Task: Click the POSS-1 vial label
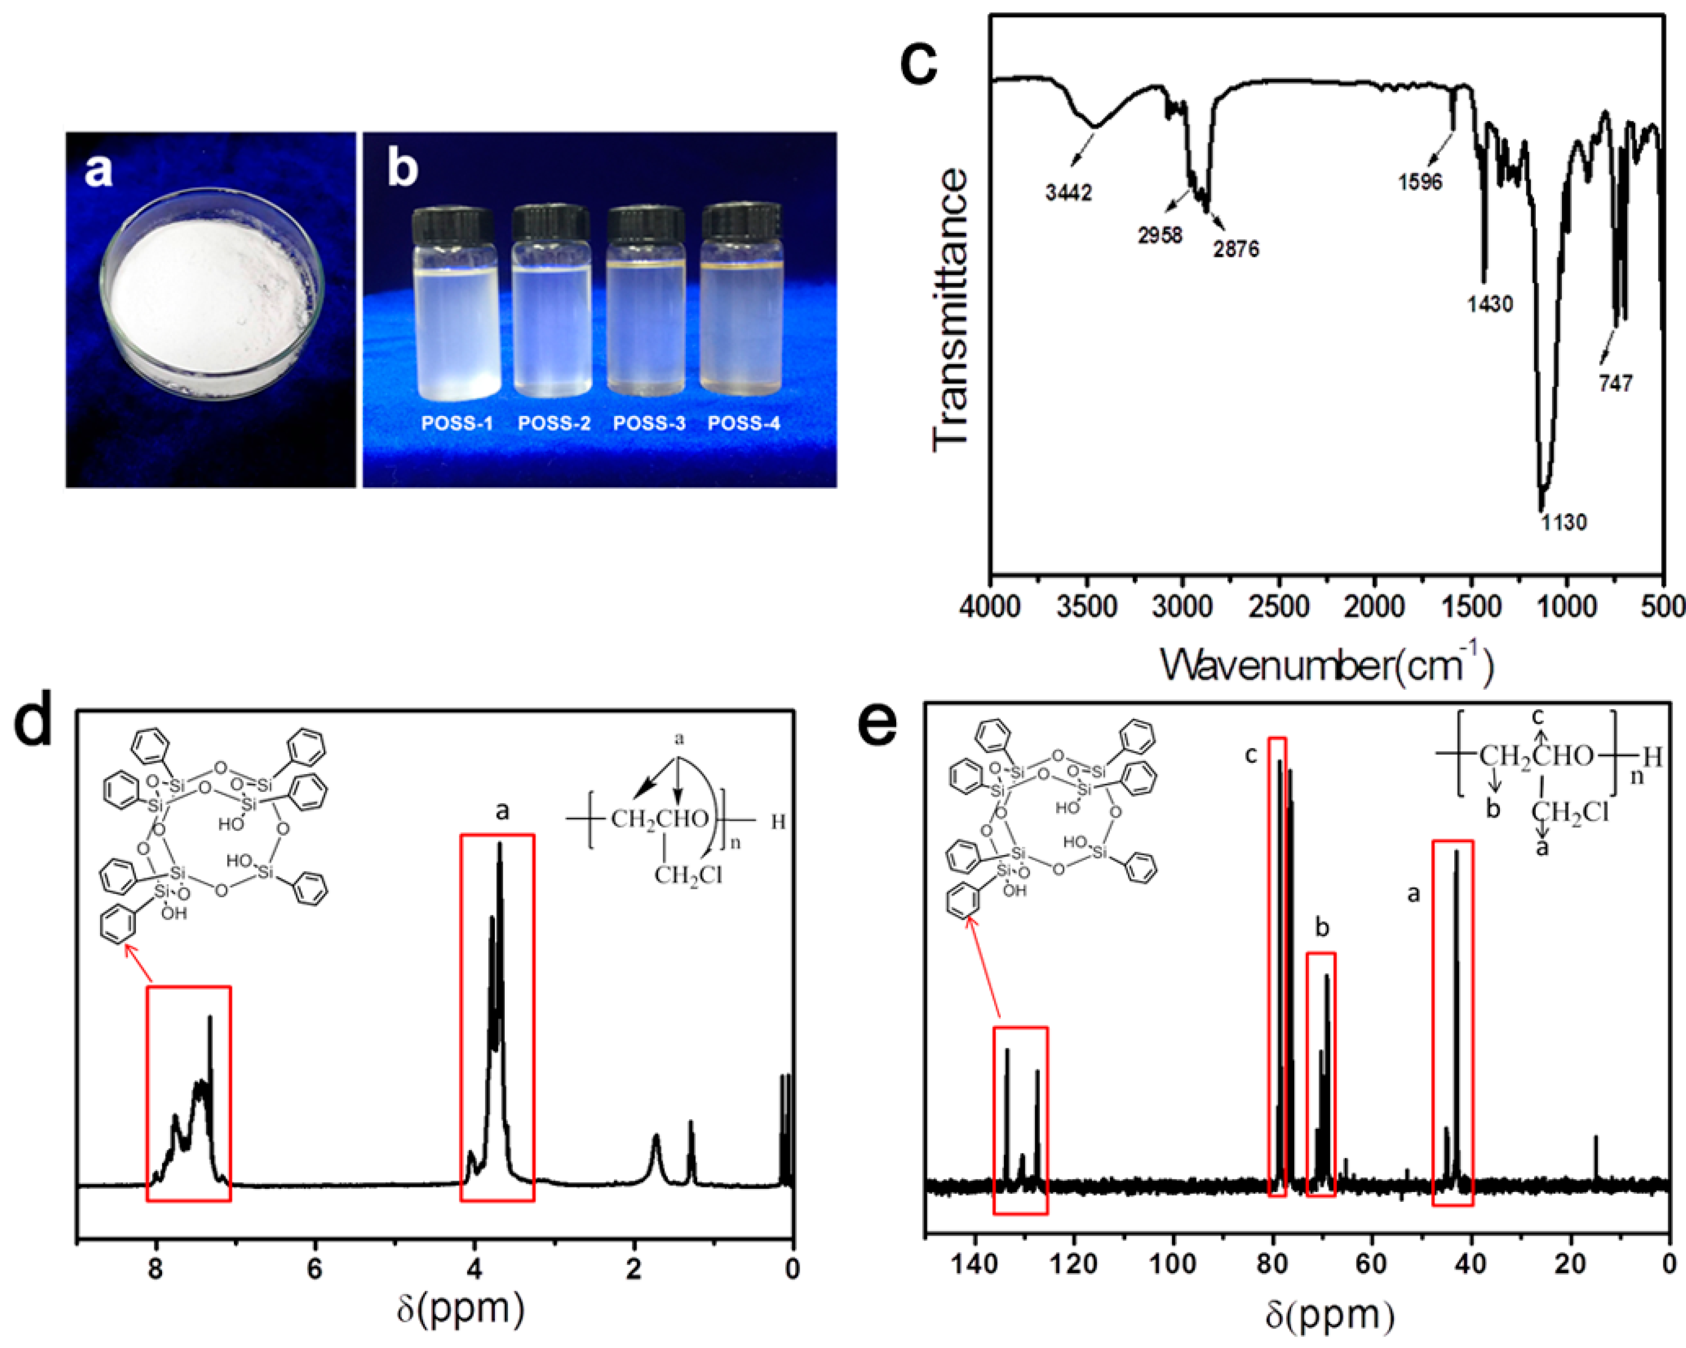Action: (x=457, y=423)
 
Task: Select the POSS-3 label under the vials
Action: (x=649, y=423)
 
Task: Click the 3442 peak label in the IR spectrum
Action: (x=1068, y=192)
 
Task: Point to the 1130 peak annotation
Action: (x=1564, y=522)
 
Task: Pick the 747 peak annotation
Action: (x=1616, y=383)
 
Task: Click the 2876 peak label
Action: (x=1236, y=249)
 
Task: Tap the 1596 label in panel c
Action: (x=1420, y=182)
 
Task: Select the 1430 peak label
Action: (x=1490, y=304)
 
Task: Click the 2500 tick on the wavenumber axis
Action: (x=1279, y=607)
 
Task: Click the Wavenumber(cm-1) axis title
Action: (x=1326, y=666)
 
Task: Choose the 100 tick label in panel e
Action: (x=1173, y=1263)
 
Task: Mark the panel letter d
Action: (x=33, y=718)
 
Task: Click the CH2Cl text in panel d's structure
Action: (x=688, y=876)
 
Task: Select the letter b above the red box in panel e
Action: (x=1322, y=927)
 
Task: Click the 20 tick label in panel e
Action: (x=1570, y=1263)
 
